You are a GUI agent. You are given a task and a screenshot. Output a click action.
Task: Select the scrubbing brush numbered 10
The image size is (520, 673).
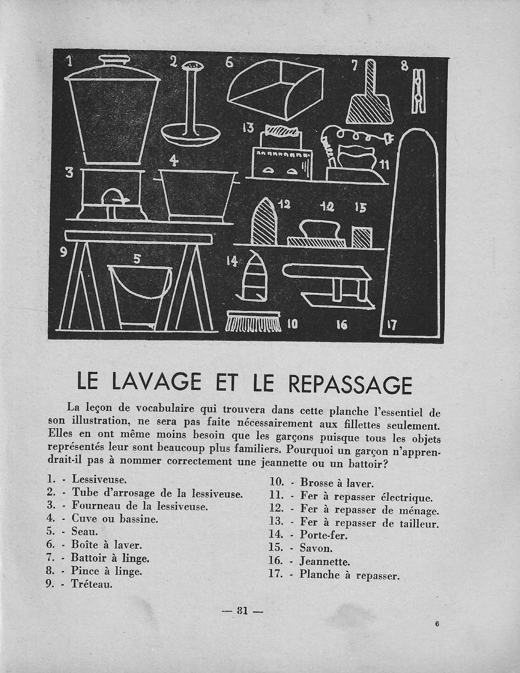[x=253, y=321]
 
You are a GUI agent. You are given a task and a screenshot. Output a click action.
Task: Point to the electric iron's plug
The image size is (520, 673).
[x=387, y=139]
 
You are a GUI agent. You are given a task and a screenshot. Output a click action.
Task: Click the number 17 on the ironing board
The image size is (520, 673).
[x=391, y=325]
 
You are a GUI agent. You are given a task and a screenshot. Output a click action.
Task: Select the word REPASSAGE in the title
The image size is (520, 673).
[x=350, y=384]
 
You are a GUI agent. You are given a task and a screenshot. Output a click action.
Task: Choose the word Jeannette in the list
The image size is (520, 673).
[x=325, y=561]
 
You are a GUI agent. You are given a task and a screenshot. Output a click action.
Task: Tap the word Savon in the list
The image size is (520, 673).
[x=316, y=548]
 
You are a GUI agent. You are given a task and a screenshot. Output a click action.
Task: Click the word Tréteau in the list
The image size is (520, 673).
[x=92, y=584]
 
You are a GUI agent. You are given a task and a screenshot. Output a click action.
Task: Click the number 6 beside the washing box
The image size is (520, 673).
[x=229, y=62]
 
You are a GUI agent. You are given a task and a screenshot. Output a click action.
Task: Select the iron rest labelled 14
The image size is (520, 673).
[x=252, y=277]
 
